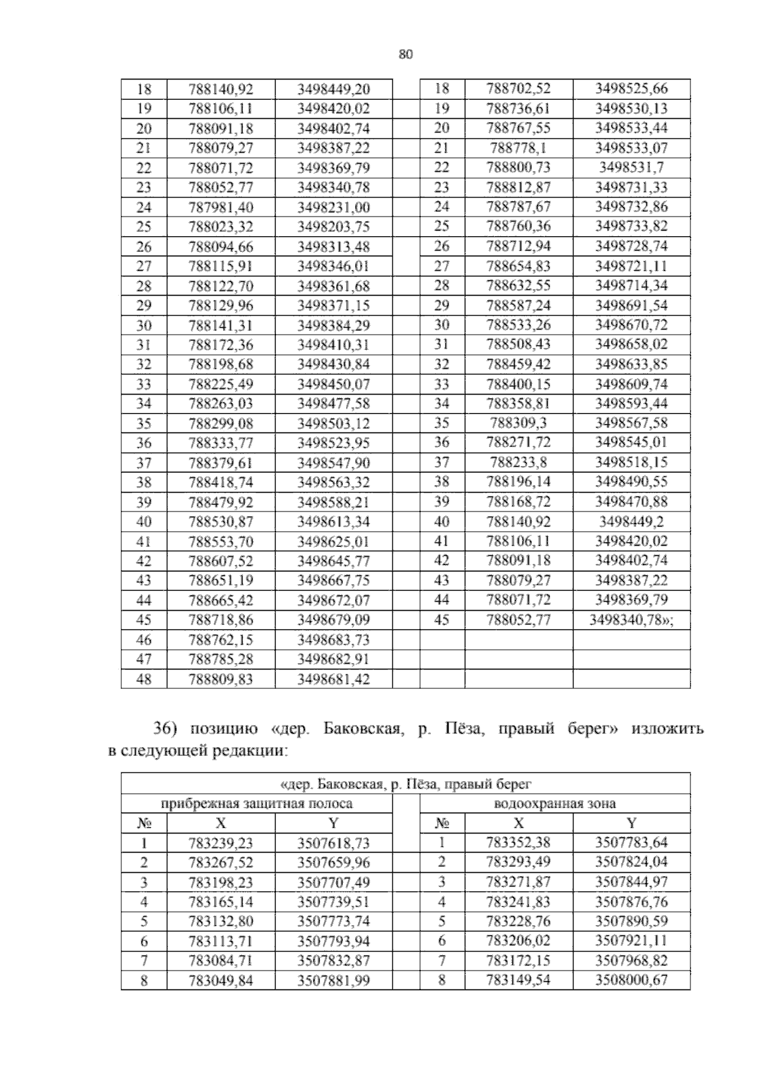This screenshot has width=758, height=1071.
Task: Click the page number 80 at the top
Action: [x=406, y=54]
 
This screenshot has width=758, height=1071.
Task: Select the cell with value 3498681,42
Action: [x=334, y=679]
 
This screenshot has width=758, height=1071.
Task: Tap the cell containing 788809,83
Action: [x=220, y=679]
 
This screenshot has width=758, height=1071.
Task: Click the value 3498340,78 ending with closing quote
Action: [x=631, y=619]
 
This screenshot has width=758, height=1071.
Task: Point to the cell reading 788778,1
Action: [x=519, y=148]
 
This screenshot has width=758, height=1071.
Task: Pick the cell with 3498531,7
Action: [x=631, y=168]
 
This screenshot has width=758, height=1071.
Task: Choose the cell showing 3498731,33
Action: [x=631, y=188]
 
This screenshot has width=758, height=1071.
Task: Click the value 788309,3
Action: [x=519, y=423]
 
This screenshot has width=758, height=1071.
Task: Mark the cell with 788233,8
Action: [x=519, y=462]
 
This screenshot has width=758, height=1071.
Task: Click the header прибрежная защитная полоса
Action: [x=256, y=804]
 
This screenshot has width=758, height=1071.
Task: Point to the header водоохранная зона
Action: [x=555, y=804]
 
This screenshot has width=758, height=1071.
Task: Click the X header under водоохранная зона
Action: [x=519, y=823]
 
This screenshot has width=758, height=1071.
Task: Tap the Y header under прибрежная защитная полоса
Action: [x=334, y=823]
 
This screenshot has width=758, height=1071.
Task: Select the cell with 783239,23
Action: [x=220, y=843]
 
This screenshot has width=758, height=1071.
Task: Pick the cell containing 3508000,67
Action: [x=631, y=980]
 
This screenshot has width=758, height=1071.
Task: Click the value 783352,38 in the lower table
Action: [x=519, y=842]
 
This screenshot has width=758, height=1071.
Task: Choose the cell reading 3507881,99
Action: [x=334, y=981]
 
